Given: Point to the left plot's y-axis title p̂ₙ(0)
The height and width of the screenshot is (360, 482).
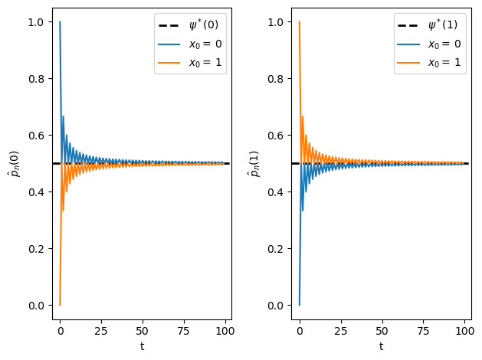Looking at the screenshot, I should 13,163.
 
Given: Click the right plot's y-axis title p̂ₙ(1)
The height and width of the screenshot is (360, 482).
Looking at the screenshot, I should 252,163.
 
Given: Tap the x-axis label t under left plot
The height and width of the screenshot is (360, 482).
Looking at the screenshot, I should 142,346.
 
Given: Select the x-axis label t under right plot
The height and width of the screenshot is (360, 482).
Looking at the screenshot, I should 381,346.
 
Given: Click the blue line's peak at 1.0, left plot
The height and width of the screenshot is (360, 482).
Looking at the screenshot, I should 60,21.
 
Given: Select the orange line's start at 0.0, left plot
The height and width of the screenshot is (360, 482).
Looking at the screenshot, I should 60,305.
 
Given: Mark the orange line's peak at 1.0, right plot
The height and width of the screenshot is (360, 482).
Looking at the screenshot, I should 299,21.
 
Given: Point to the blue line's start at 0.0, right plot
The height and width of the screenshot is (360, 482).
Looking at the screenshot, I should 299,305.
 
